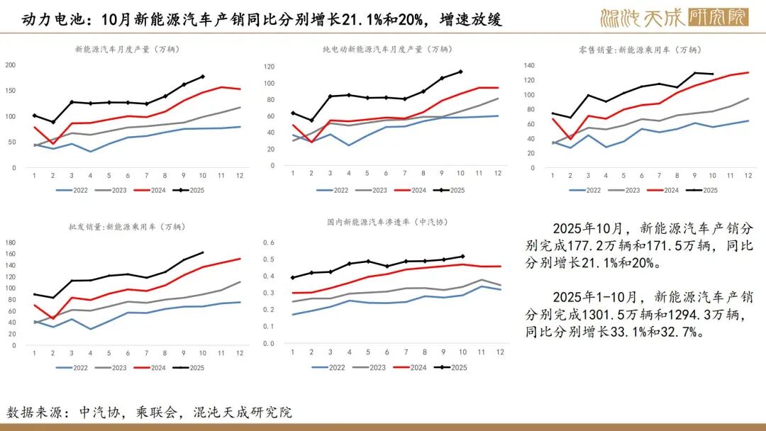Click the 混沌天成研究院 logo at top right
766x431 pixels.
coord(674,17)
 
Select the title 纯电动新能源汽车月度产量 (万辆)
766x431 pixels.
coord(386,49)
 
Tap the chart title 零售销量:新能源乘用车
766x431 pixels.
coord(638,50)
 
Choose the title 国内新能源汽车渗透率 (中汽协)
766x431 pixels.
coord(387,222)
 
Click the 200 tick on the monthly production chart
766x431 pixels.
coord(11,65)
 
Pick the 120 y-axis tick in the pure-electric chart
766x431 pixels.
coord(269,67)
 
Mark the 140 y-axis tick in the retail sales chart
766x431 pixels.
coord(528,65)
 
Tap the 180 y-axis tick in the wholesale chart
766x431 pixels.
coord(11,242)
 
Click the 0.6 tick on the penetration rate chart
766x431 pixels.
coord(269,242)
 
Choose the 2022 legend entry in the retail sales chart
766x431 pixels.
coord(585,190)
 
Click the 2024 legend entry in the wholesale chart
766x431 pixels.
coord(151,367)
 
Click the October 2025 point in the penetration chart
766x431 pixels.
coord(462,257)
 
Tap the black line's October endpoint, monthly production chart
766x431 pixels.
coord(203,77)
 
